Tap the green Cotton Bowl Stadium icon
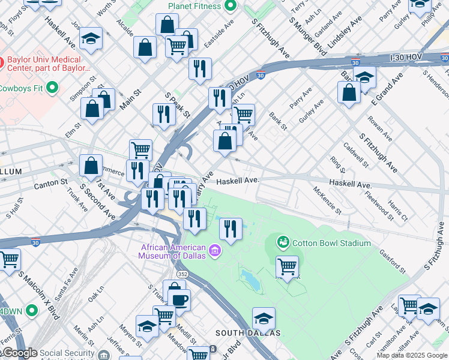pos(282,242)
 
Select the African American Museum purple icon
pos(214,249)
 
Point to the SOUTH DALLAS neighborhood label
pos(248,333)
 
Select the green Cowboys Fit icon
pos(52,88)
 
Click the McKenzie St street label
pos(327,200)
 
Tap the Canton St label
pos(51,182)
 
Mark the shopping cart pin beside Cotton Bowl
pos(288,266)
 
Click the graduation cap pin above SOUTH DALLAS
pos(264,318)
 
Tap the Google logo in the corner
pos(19,353)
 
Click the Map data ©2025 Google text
pos(412,355)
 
